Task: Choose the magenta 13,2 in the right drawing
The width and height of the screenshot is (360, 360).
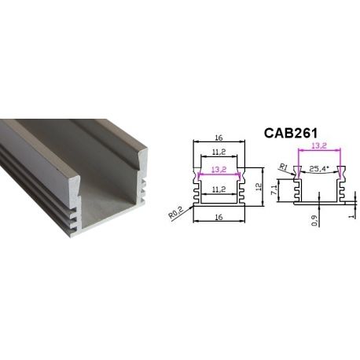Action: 319,145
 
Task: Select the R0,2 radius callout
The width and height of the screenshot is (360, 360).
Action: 178,212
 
